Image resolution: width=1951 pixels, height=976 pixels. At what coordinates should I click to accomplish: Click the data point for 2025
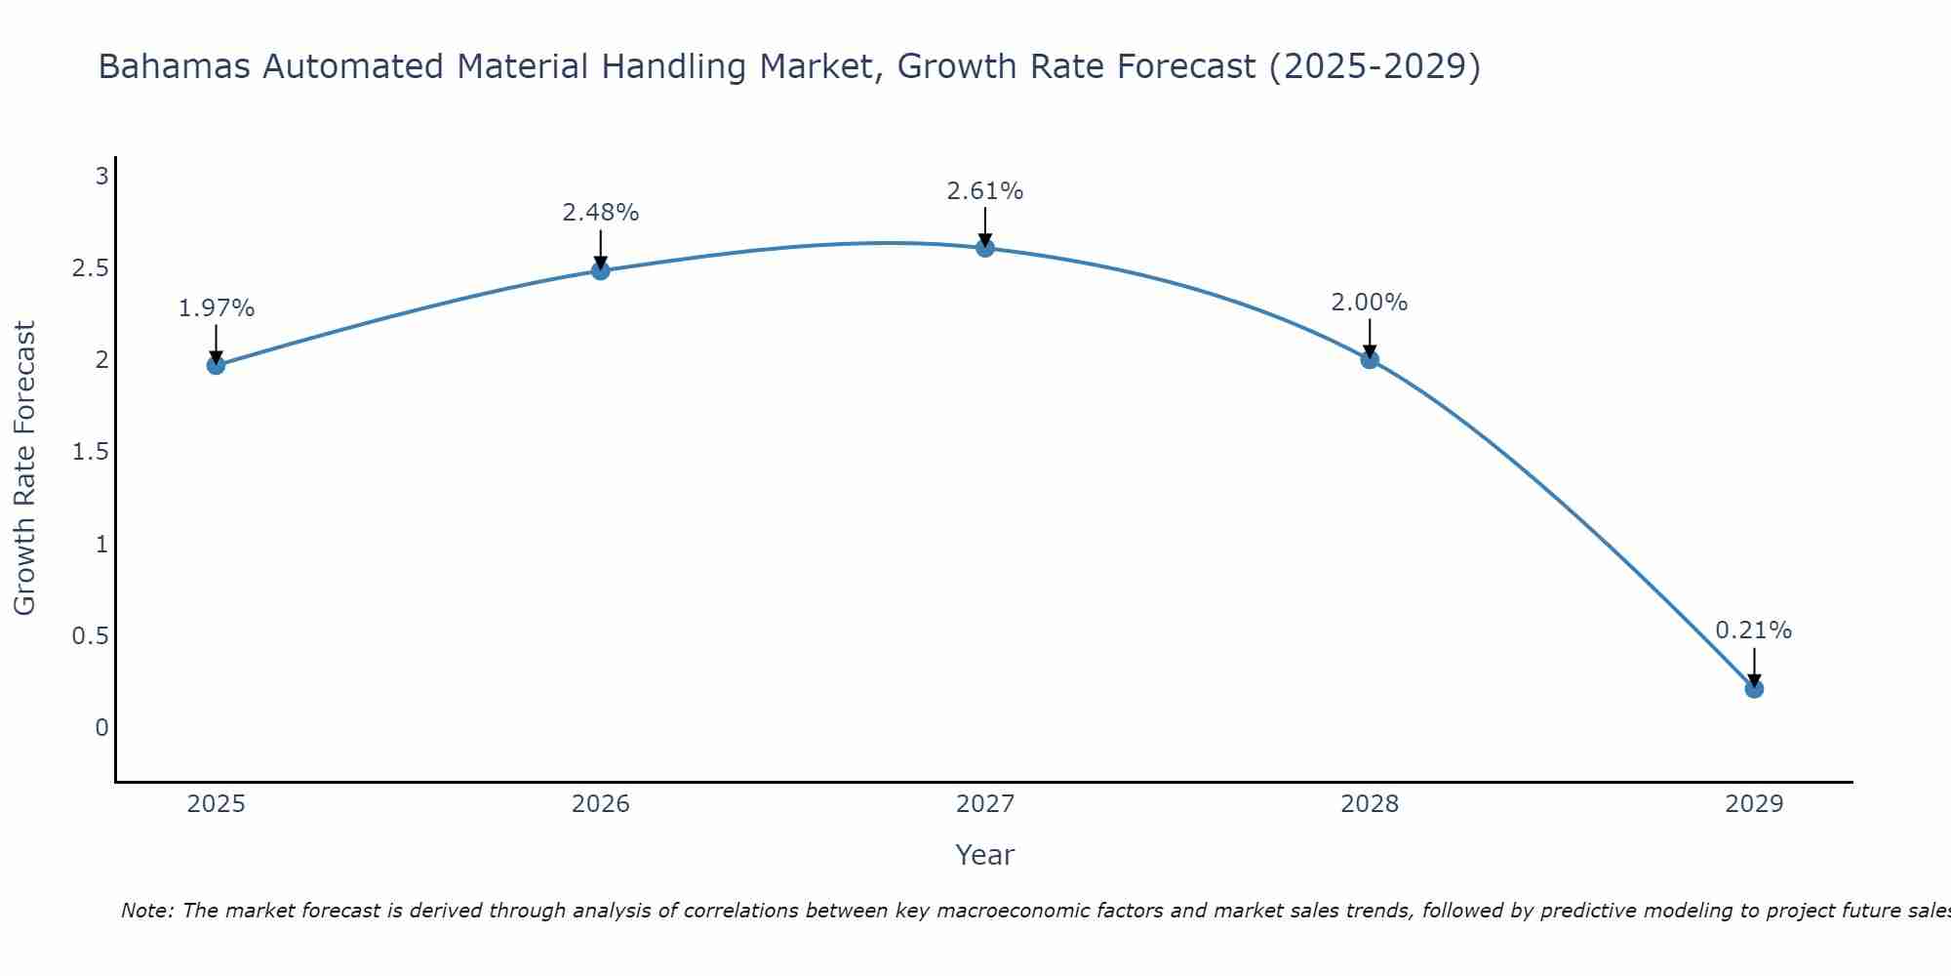click(x=216, y=365)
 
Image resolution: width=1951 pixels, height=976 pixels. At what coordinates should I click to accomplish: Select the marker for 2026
click(x=601, y=270)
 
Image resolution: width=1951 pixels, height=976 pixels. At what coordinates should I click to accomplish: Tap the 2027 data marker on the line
click(x=985, y=248)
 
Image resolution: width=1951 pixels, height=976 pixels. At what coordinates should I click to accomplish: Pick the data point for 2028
click(x=1370, y=359)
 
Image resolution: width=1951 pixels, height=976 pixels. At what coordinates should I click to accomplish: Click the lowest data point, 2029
click(x=1754, y=689)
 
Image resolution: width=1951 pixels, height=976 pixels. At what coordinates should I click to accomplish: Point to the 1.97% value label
click(x=217, y=308)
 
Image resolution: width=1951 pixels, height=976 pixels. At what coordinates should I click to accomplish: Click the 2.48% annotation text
click(x=601, y=213)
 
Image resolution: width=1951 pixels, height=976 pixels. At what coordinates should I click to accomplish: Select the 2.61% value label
click(x=985, y=191)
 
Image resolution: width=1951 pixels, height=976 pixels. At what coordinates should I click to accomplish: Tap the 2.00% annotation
click(x=1370, y=303)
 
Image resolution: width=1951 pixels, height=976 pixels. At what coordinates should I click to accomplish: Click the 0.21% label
click(x=1754, y=630)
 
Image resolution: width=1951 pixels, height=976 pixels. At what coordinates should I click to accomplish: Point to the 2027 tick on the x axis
click(x=985, y=804)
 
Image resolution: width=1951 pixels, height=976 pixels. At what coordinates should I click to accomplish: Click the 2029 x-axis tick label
click(x=1754, y=804)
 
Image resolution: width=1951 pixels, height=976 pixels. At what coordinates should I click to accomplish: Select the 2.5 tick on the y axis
click(x=90, y=268)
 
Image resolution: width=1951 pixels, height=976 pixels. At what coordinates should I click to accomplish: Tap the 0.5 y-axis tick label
click(x=90, y=636)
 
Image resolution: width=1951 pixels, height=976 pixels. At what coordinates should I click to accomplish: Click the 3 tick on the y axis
click(x=100, y=177)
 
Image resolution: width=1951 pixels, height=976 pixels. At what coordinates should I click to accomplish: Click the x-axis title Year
click(x=985, y=855)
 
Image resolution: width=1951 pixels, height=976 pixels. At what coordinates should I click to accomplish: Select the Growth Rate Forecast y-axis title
click(x=24, y=468)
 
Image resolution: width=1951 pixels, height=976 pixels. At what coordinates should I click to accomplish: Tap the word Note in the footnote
click(x=146, y=911)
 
